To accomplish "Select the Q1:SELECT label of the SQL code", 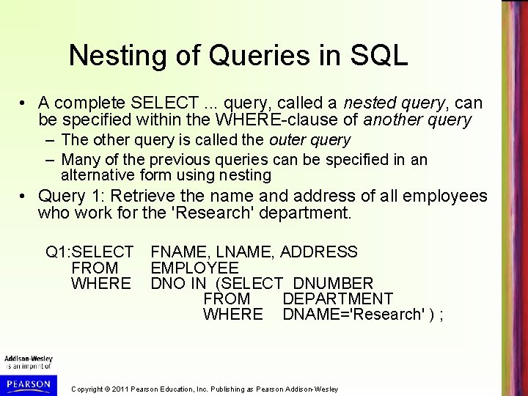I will (x=89, y=252).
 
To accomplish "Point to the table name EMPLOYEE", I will (x=194, y=268).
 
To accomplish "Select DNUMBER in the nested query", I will (x=333, y=283).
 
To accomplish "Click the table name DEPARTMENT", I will (x=337, y=298).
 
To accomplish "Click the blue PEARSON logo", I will (x=26, y=382).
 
